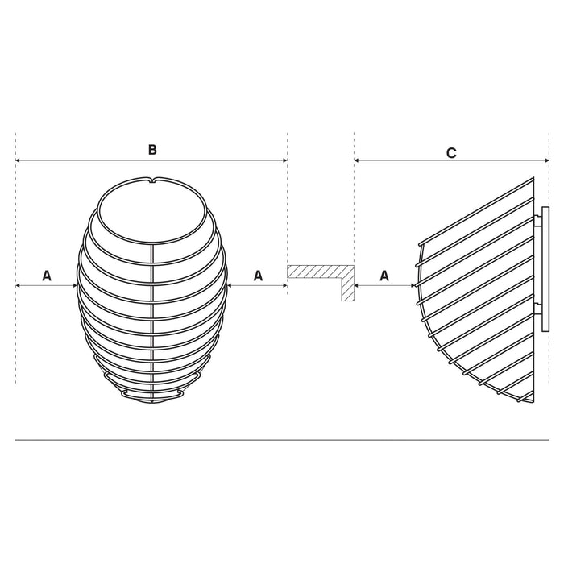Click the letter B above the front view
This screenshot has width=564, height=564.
pyautogui.click(x=151, y=149)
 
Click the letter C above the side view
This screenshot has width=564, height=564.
pyautogui.click(x=451, y=151)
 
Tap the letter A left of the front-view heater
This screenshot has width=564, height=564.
pyautogui.click(x=47, y=276)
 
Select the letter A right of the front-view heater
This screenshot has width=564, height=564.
pyautogui.click(x=259, y=276)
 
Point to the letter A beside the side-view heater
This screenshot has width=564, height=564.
pyautogui.click(x=384, y=276)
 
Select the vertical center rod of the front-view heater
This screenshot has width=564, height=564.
pyautogui.click(x=152, y=322)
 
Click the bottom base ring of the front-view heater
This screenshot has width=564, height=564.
pyautogui.click(x=151, y=396)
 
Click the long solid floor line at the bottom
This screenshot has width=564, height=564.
pyautogui.click(x=282, y=440)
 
